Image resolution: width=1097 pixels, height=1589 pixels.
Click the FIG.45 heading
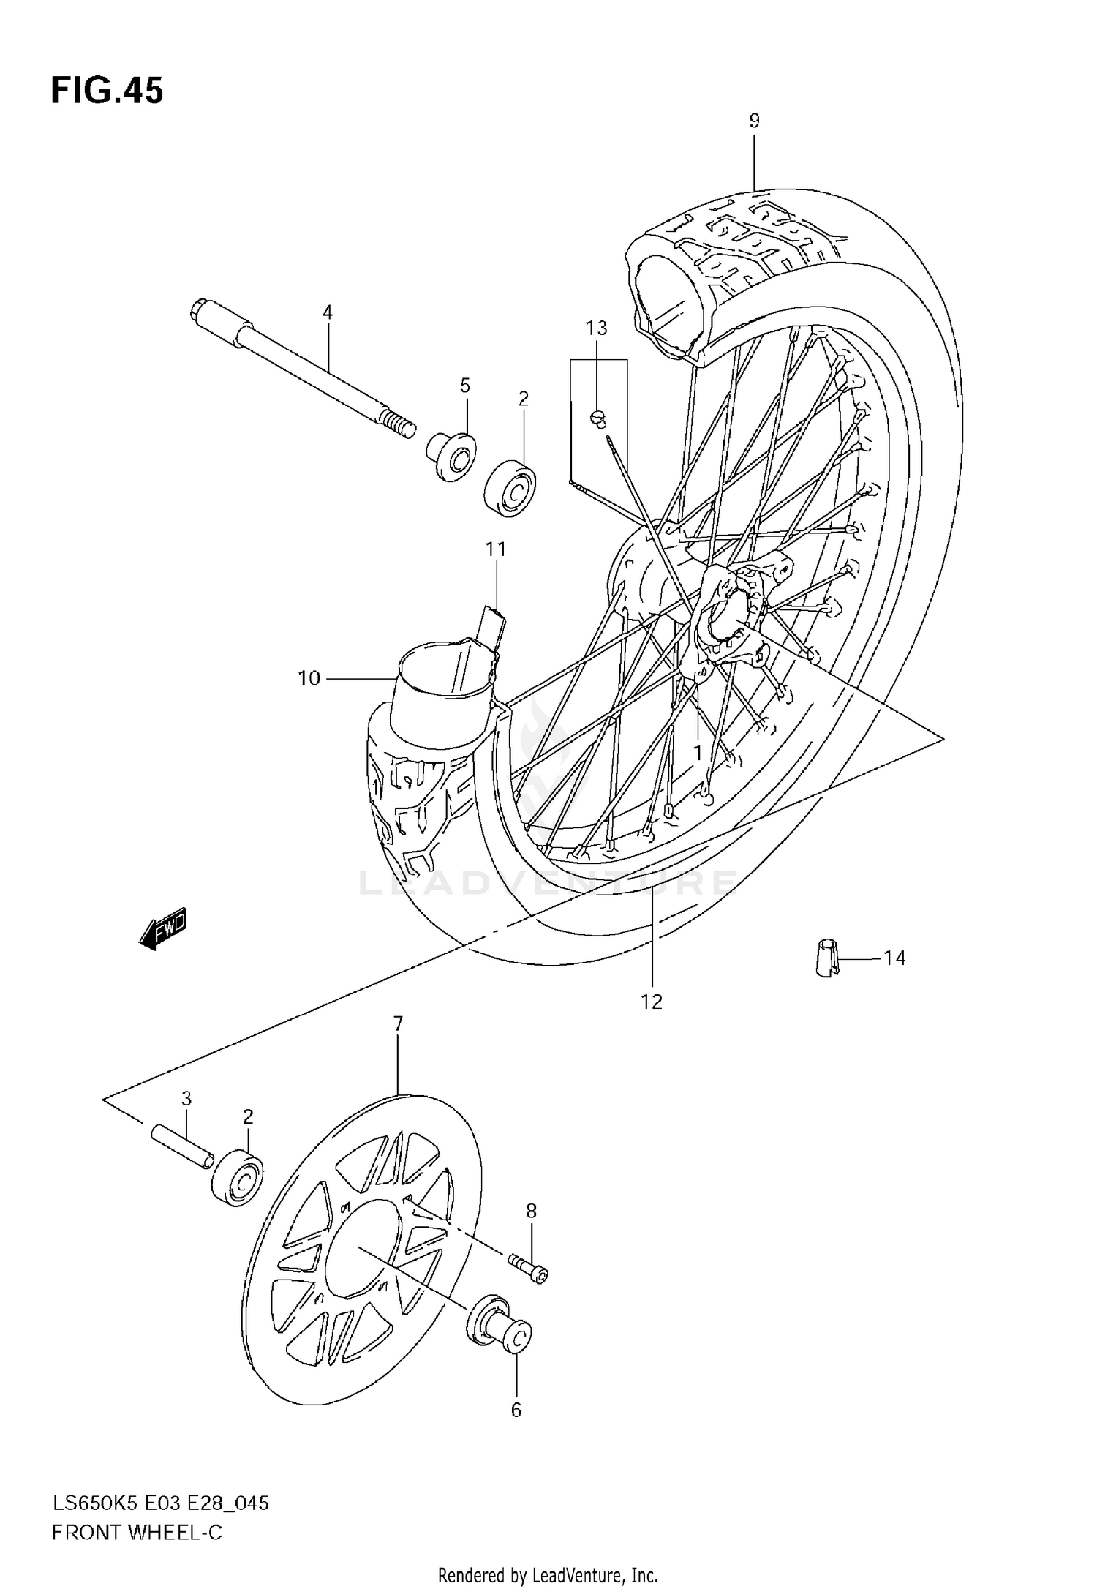[107, 91]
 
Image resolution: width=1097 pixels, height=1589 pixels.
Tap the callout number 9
[754, 121]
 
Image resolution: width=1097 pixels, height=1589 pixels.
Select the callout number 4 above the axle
[328, 312]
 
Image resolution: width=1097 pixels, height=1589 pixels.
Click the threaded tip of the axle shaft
[399, 425]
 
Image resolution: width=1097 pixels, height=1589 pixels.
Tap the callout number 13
[597, 328]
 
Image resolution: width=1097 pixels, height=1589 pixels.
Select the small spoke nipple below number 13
[597, 418]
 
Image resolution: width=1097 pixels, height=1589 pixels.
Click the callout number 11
[496, 549]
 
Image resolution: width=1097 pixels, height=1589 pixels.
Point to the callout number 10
[309, 678]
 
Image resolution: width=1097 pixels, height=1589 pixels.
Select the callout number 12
[651, 1002]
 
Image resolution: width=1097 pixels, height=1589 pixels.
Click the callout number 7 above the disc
[398, 1024]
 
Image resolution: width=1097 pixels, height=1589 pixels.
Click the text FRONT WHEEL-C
[137, 1532]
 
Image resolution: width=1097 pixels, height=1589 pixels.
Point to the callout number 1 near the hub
[698, 753]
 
